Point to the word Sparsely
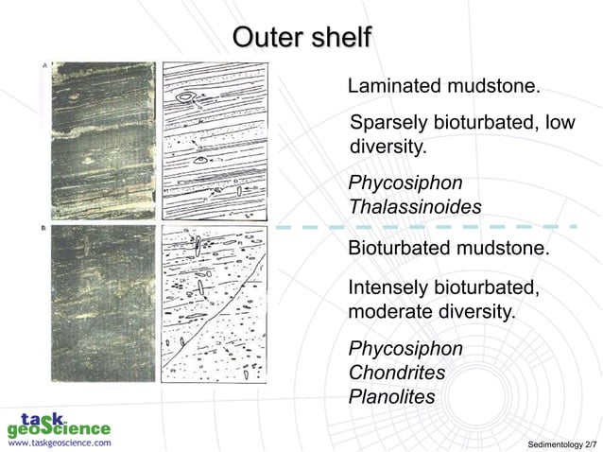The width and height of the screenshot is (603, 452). [388, 124]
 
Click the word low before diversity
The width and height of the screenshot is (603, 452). [559, 124]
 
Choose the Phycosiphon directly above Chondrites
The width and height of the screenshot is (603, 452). [405, 349]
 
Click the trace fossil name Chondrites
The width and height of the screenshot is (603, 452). [396, 373]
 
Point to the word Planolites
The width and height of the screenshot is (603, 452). [391, 397]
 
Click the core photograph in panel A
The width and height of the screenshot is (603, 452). [103, 141]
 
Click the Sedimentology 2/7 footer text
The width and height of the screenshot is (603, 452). [561, 443]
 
